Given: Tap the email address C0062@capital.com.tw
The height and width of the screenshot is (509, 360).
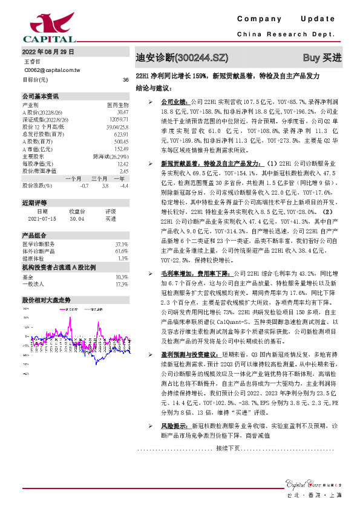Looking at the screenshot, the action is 51,71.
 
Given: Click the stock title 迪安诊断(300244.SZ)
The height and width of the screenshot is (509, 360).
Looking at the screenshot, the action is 182,58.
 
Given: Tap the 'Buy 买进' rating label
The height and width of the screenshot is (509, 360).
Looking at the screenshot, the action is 322,58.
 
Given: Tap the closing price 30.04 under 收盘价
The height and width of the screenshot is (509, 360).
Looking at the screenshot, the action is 77,219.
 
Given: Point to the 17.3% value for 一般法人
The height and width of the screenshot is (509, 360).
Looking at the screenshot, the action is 122,284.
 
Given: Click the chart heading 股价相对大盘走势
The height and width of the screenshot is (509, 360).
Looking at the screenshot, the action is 47,299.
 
